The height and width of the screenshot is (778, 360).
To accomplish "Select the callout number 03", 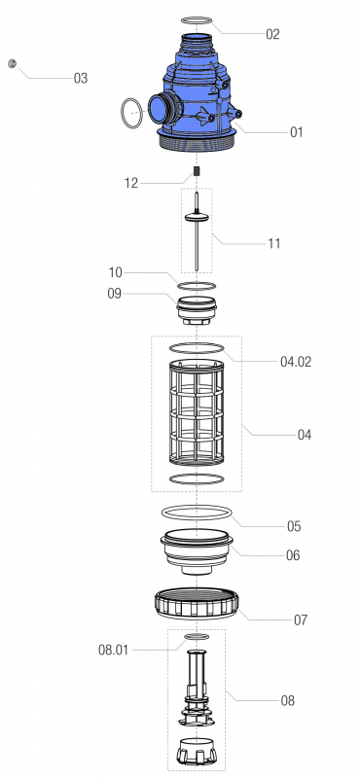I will pos(80,78).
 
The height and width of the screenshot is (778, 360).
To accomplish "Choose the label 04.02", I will pos(296,361).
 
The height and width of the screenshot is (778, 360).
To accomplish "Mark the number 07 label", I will pos(292,619).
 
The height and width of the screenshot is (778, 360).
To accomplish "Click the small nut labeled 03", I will pos(11,64).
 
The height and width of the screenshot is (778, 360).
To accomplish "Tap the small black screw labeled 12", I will pos(197,171).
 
